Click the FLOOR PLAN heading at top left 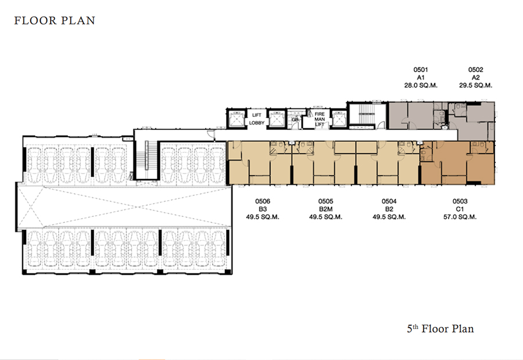(55, 21)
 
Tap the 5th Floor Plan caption (440, 329)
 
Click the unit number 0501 (421, 69)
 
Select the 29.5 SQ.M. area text (475, 85)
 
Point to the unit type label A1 (421, 77)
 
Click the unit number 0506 (263, 201)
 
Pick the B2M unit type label (325, 209)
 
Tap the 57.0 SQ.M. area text (460, 217)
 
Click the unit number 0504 (389, 201)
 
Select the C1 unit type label (460, 209)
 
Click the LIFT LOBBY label (256, 119)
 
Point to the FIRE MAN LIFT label (320, 119)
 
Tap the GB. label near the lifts (295, 120)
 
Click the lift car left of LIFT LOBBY (236, 119)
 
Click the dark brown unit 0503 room (457, 163)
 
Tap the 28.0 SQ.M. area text (421, 85)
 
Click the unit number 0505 (325, 201)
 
